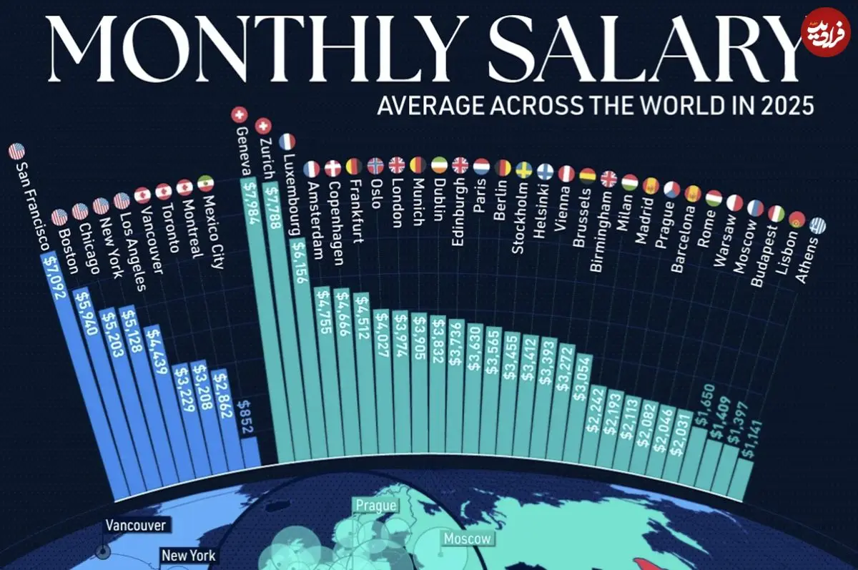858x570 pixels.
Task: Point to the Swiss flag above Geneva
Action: click(x=240, y=114)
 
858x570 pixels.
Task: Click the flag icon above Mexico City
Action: click(x=205, y=183)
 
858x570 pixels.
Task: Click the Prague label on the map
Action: click(x=375, y=506)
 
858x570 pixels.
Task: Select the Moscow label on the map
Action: click(x=468, y=539)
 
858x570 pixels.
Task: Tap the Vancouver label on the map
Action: click(x=136, y=526)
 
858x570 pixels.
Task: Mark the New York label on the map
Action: click(x=188, y=555)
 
